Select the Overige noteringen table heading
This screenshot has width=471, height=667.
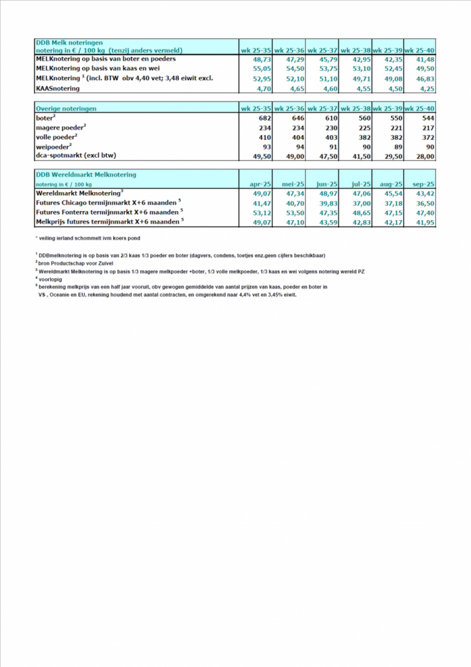[67, 107]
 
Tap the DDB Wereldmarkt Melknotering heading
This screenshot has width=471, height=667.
[86, 175]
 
